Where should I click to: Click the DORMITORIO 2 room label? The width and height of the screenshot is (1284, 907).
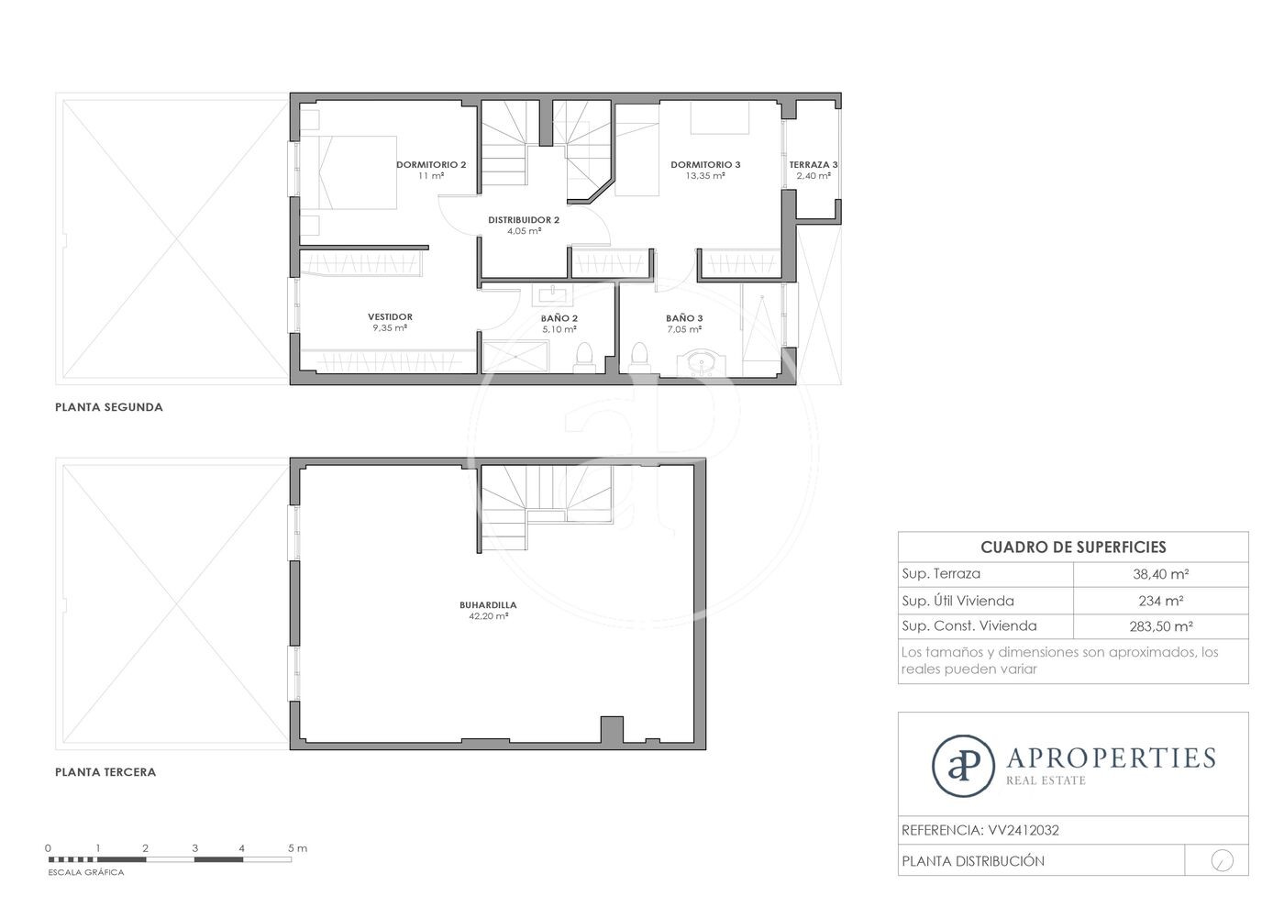tap(431, 164)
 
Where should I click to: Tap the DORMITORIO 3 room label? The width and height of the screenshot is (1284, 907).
tap(705, 164)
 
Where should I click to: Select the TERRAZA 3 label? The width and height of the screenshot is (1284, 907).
tap(814, 164)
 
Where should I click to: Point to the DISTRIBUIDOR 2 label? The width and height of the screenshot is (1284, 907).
tap(524, 219)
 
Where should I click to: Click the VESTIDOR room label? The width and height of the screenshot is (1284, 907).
tap(390, 316)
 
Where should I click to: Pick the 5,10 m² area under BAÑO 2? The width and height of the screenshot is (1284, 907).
tap(559, 329)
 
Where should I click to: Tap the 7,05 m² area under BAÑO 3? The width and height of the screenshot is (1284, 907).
tap(684, 329)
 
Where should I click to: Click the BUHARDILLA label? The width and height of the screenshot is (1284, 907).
tap(488, 605)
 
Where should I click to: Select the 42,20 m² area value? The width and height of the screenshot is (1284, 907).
tap(488, 616)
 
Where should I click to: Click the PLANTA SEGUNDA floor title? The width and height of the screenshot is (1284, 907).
tap(109, 407)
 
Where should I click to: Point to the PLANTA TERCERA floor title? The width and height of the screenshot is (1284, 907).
tap(105, 772)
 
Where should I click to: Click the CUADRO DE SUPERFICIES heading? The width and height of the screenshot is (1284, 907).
tap(1073, 547)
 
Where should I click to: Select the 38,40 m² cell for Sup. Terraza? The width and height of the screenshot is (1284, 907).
tap(1161, 574)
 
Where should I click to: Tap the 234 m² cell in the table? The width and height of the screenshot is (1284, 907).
tap(1161, 601)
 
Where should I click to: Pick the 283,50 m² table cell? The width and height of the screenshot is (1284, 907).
tap(1161, 626)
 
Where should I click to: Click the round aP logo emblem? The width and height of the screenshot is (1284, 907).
tap(963, 766)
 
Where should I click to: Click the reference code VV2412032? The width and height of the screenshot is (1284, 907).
tap(1024, 830)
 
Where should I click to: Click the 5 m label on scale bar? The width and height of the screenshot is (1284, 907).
tap(297, 848)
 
